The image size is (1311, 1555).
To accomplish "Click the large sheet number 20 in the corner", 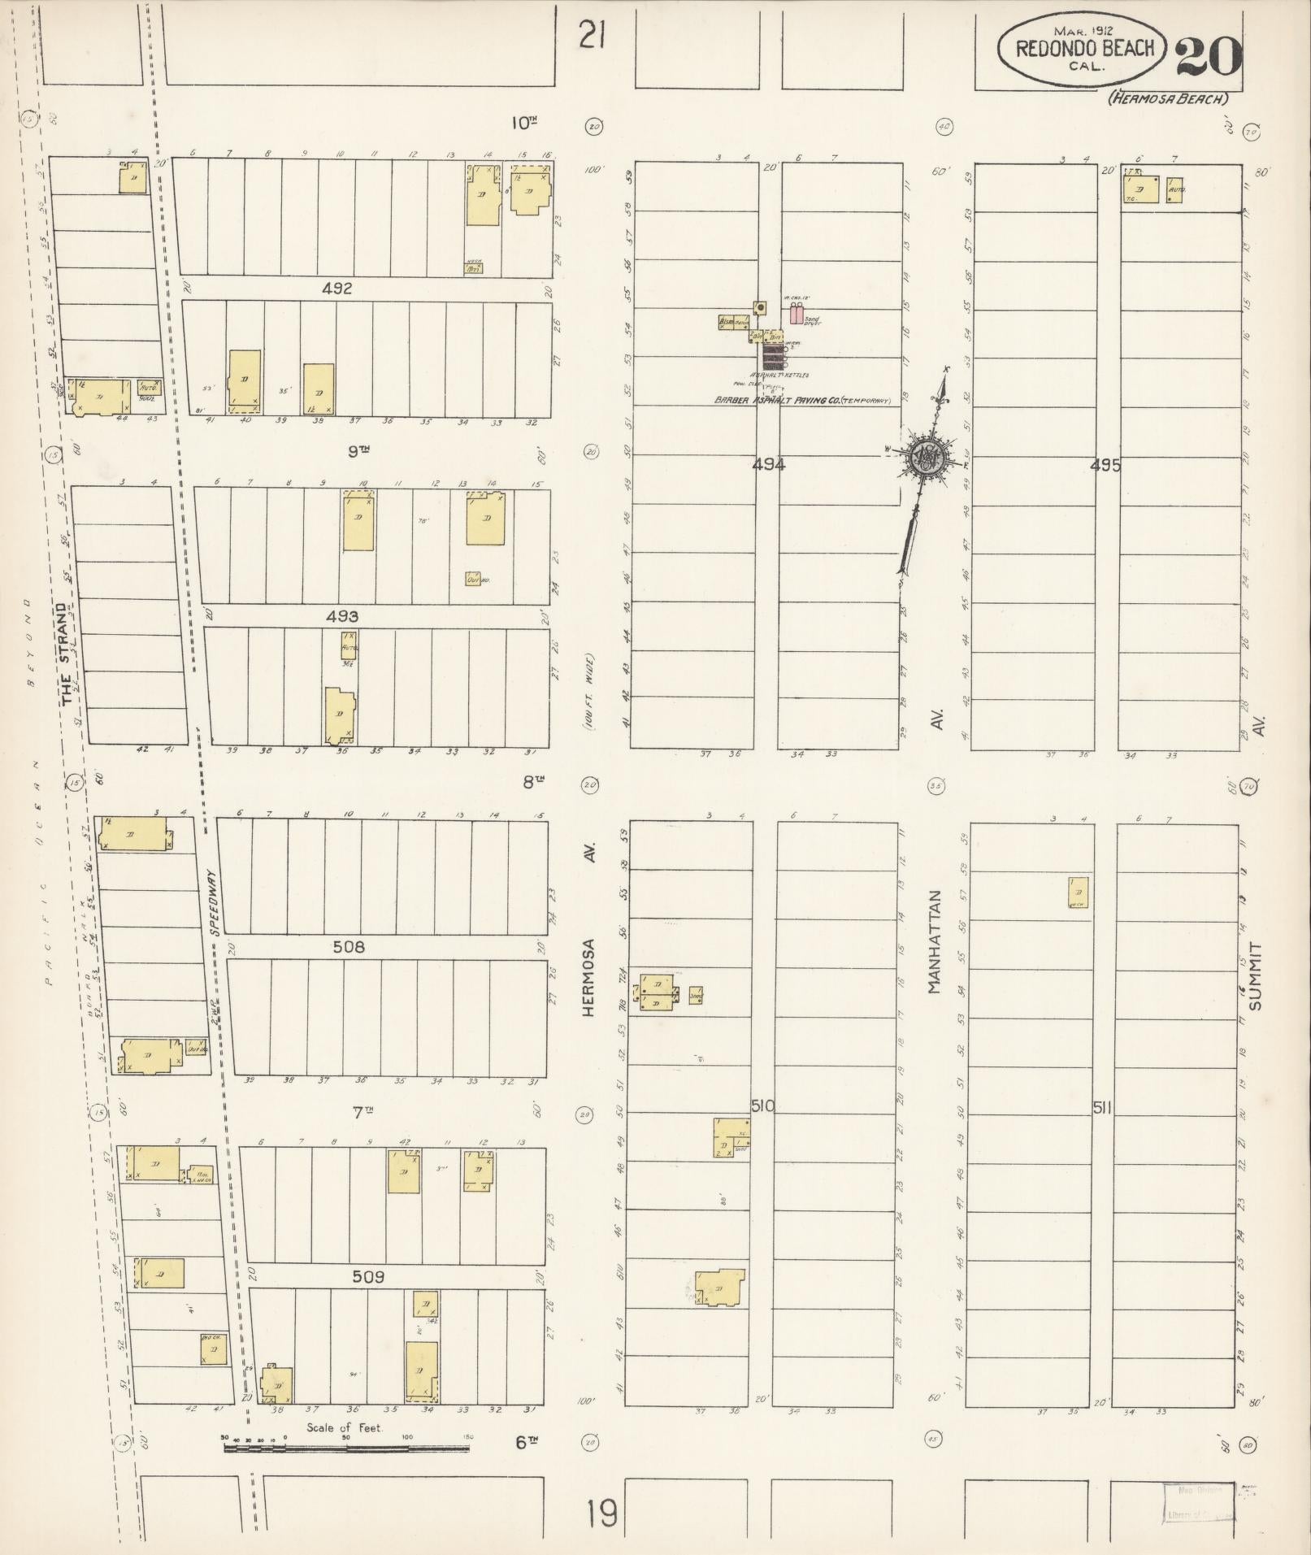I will coord(1209,55).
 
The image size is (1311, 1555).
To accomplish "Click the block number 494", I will coord(768,465).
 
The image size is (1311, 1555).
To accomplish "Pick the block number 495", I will coord(1105,466).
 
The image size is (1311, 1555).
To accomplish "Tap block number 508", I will coord(349,947).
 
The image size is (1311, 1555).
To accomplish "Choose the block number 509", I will coord(368,1277).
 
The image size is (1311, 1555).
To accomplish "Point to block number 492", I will coord(336,289).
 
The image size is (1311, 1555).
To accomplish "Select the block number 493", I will coord(342,617).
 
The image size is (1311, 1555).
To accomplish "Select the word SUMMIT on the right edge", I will coord(1257,975).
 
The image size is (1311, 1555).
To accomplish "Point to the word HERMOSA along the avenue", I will coord(590,978).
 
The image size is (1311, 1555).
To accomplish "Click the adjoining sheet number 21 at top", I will coord(593,35).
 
